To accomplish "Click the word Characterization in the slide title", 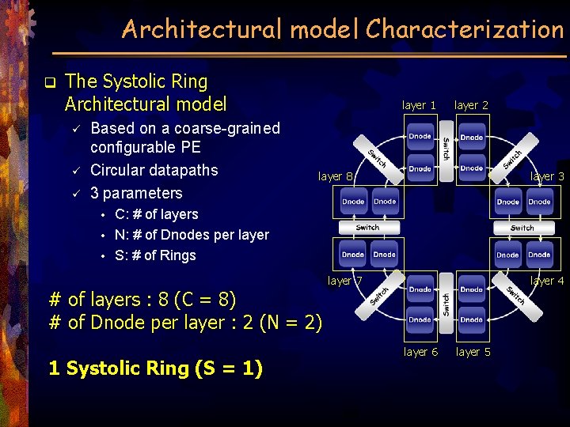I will pos(464,29).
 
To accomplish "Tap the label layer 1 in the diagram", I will pos(419,105).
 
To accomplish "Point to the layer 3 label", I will pos(547,176).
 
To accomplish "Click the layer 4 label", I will pos(547,281).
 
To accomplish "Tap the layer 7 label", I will pos(345,281).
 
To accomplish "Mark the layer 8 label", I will pos(336,176).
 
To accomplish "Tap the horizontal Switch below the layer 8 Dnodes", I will pos(367,228).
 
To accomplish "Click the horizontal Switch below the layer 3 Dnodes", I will pos(522,228).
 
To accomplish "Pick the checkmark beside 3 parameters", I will pos(77,193).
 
